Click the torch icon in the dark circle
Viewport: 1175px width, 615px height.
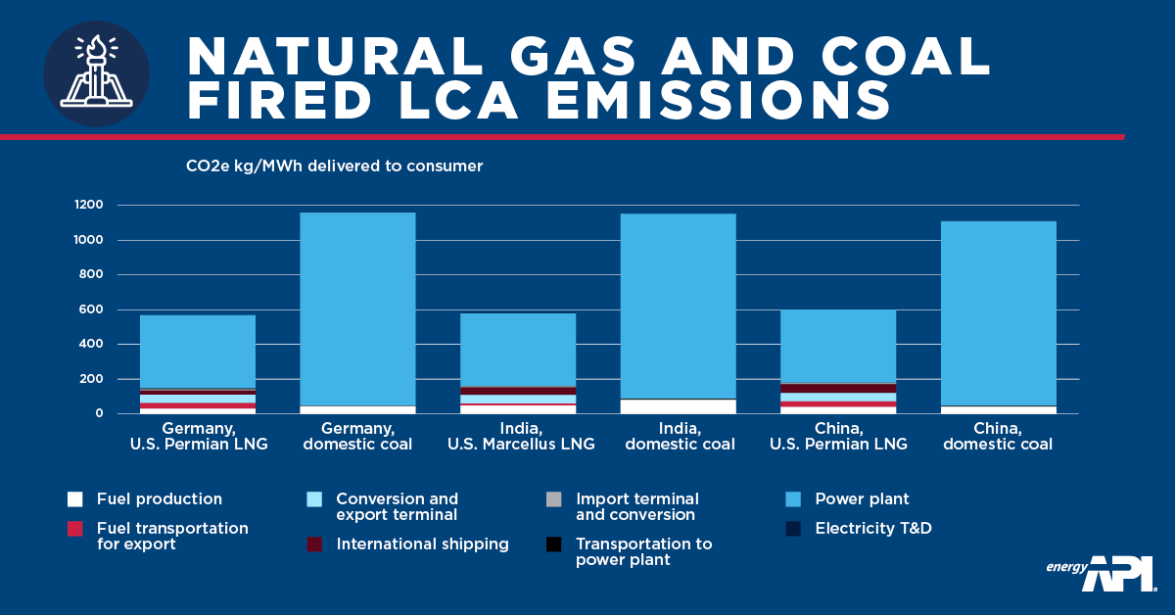(x=96, y=73)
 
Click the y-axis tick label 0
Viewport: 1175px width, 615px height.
(x=100, y=413)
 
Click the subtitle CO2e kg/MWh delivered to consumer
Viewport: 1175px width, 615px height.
(x=334, y=166)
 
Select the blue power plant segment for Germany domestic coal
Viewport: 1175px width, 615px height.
(x=357, y=308)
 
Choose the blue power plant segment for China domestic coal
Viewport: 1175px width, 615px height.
(x=998, y=313)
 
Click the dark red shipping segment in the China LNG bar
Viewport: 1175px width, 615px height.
(x=838, y=388)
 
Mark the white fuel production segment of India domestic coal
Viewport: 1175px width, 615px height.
(x=678, y=406)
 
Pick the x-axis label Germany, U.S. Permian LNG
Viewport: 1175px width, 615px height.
(x=199, y=437)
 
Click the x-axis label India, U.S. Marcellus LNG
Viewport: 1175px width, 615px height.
(x=519, y=437)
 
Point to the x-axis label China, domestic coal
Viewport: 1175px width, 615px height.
(x=999, y=437)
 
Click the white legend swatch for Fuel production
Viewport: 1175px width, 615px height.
(x=74, y=499)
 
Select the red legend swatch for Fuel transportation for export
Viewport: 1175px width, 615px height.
(x=74, y=529)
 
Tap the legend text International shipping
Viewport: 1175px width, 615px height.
(x=422, y=544)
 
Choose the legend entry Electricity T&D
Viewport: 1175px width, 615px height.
(x=872, y=529)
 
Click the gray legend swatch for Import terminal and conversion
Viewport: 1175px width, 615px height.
(x=554, y=499)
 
